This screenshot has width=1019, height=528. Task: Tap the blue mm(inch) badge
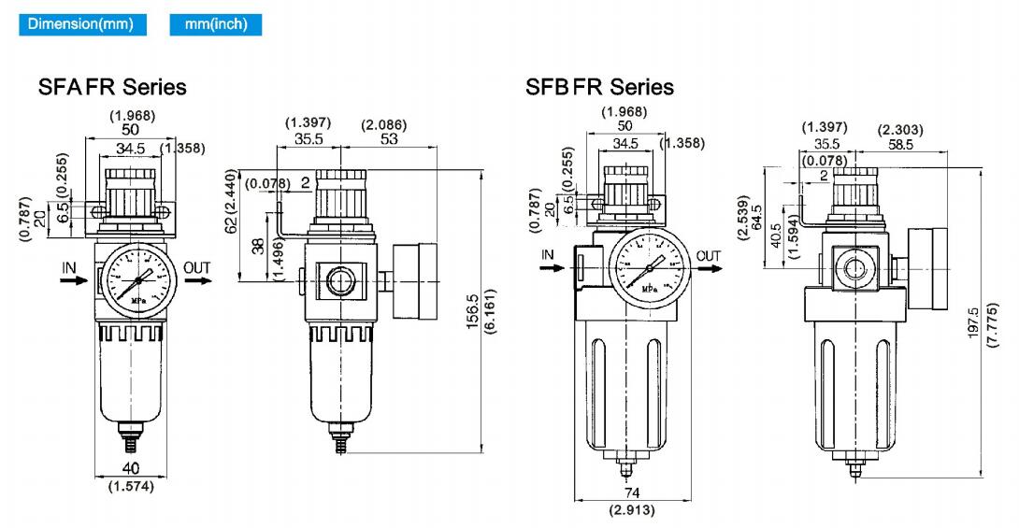[216, 23]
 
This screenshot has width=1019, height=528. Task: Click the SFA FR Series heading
[112, 87]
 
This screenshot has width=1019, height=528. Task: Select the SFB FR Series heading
[599, 87]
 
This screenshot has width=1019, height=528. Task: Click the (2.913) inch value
[632, 510]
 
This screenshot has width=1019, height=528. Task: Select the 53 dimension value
[390, 139]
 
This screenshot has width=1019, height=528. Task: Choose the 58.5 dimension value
[901, 144]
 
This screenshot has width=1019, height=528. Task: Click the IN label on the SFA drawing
[69, 267]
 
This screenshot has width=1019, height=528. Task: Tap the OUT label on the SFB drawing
[709, 255]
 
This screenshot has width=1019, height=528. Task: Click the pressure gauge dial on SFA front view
[137, 278]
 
